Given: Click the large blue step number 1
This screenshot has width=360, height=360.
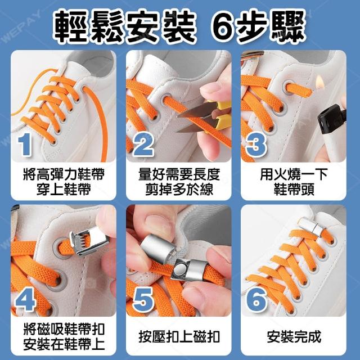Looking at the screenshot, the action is [25, 145].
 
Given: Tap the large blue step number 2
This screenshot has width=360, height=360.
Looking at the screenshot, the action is [143, 145].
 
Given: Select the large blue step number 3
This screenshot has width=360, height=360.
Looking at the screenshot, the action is [256, 145].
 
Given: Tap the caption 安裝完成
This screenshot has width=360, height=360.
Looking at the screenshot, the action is [294, 337].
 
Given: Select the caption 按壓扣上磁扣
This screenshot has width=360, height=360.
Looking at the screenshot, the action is [179, 337].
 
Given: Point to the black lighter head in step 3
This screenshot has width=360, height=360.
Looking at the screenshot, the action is [331, 119].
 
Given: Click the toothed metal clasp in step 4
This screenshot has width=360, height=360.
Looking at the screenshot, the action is [89, 240].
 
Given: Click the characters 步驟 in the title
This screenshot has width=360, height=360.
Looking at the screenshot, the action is [272, 27].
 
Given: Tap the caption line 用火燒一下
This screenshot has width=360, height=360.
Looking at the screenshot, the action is [294, 174].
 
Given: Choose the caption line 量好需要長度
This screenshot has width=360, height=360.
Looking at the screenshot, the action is [179, 174].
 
